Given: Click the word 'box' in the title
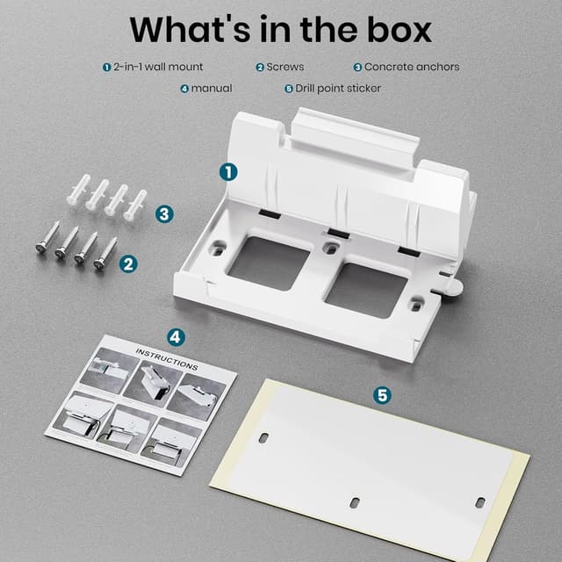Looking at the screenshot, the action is (x=399, y=29).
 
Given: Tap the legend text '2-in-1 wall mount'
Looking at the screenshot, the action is (x=158, y=67).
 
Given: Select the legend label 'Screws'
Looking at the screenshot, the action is (x=285, y=67).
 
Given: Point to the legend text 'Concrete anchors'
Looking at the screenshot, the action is (x=412, y=67).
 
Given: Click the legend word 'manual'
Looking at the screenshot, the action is (x=212, y=89).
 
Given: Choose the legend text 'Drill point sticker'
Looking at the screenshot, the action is (x=338, y=89).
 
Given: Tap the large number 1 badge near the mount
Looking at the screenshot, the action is (x=228, y=172).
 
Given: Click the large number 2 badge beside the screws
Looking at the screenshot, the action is (x=128, y=264).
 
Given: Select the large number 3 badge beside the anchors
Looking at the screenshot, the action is (x=164, y=214).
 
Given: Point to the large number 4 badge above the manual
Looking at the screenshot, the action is (x=176, y=337).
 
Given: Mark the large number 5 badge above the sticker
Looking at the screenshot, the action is (x=382, y=395).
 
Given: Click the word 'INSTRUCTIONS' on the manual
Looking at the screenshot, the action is (x=167, y=359).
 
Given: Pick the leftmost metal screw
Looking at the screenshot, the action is (x=47, y=237).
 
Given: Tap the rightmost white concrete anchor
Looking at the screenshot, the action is (x=135, y=205).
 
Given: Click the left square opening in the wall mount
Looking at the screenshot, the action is (x=269, y=263).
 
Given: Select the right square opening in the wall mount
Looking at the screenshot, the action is (x=366, y=291).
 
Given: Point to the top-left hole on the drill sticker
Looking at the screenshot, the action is (x=263, y=437).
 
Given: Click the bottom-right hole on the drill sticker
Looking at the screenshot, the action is (x=480, y=502).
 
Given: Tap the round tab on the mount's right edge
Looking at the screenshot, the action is (x=455, y=287).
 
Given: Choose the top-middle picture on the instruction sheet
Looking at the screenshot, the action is (x=152, y=384).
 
